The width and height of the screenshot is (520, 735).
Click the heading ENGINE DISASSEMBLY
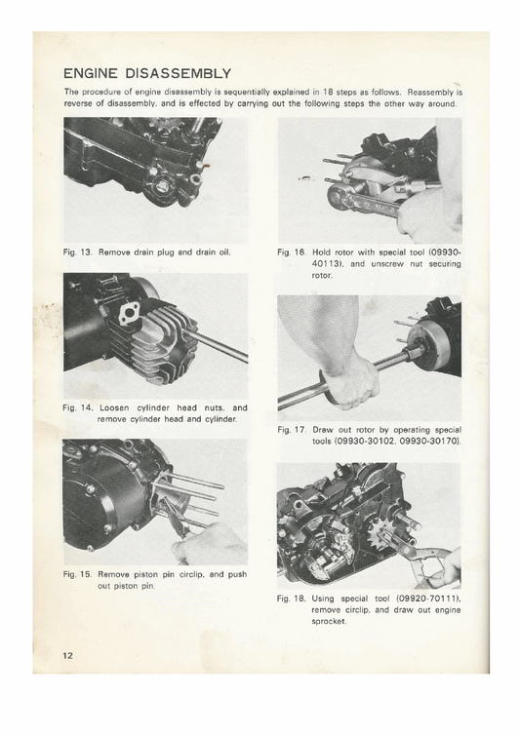click(146, 73)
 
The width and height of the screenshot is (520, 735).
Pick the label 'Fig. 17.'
click(294, 430)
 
